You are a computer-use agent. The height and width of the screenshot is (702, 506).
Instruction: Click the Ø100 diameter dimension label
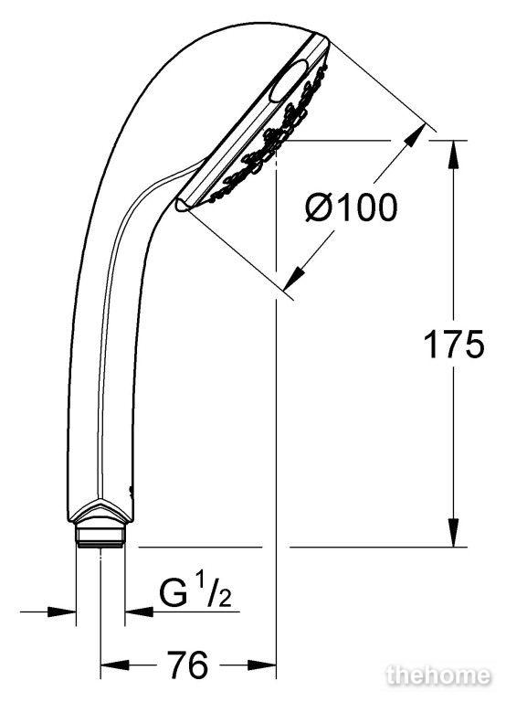[351, 207]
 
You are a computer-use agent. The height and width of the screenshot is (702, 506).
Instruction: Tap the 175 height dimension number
[453, 344]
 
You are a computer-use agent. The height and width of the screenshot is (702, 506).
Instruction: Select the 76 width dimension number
[187, 665]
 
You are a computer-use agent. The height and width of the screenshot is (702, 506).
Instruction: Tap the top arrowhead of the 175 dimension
[454, 154]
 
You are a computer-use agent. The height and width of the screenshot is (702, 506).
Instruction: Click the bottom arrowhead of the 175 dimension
[454, 532]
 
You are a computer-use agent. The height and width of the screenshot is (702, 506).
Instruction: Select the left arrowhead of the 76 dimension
[114, 665]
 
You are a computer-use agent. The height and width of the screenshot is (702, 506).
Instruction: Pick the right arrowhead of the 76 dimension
[262, 665]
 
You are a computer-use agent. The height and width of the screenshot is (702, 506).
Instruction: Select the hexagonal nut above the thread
[100, 514]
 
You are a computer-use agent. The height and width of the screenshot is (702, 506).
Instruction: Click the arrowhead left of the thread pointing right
[62, 611]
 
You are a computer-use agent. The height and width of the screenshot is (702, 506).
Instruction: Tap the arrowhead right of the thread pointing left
[139, 611]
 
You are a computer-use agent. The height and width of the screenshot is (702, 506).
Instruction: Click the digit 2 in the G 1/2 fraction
[226, 599]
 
